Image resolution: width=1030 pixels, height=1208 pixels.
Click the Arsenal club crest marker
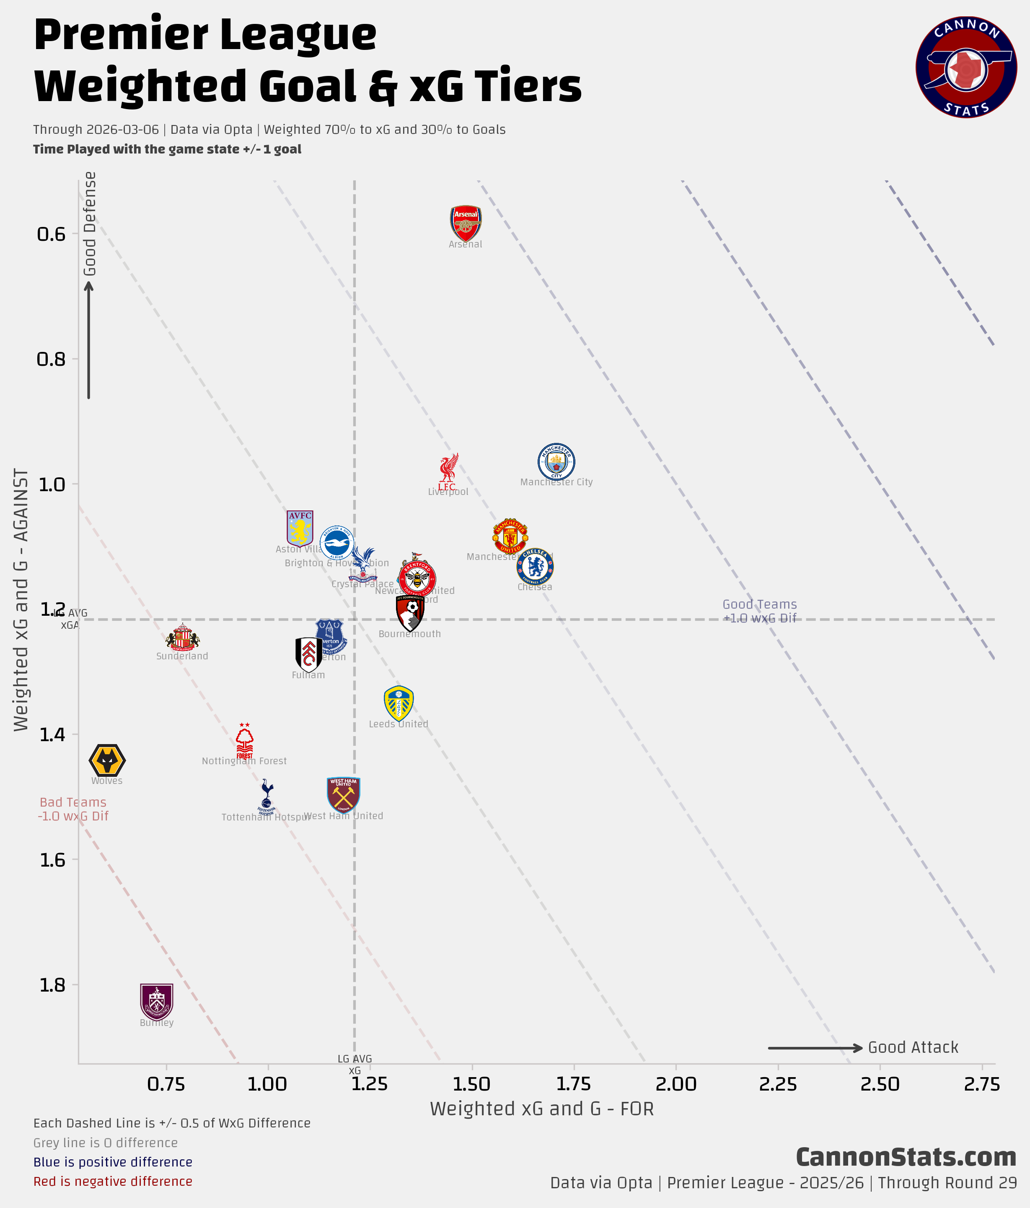pyautogui.click(x=466, y=222)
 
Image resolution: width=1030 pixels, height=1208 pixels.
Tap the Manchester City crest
pyautogui.click(x=556, y=462)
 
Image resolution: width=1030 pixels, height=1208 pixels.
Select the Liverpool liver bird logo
pyautogui.click(x=448, y=471)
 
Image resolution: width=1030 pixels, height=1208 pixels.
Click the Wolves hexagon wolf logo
pyautogui.click(x=107, y=760)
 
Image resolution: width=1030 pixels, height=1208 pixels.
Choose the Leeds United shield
pyautogui.click(x=399, y=703)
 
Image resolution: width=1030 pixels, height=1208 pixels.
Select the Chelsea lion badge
pyautogui.click(x=535, y=565)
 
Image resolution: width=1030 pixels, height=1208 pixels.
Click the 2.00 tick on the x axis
pyautogui.click(x=676, y=1084)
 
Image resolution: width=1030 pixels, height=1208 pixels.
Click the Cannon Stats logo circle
pyautogui.click(x=966, y=68)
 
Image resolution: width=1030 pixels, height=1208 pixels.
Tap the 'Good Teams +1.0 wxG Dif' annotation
pyautogui.click(x=760, y=611)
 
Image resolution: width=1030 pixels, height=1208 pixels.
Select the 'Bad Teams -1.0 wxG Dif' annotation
pyautogui.click(x=73, y=809)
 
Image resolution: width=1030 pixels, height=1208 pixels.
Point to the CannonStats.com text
pyautogui.click(x=906, y=1157)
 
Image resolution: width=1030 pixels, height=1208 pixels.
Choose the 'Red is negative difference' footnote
pyautogui.click(x=113, y=1181)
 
